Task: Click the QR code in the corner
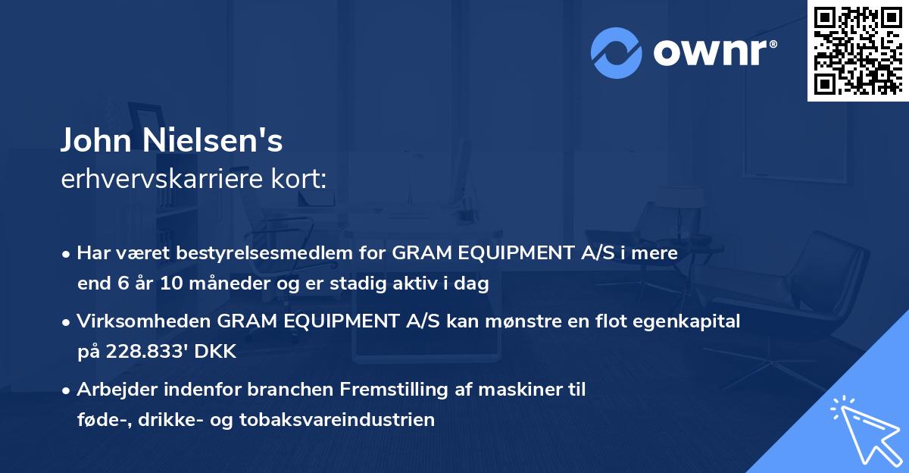857,50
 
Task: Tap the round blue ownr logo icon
616,52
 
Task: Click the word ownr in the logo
714,54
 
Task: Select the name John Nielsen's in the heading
172,140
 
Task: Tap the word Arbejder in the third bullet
114,390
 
